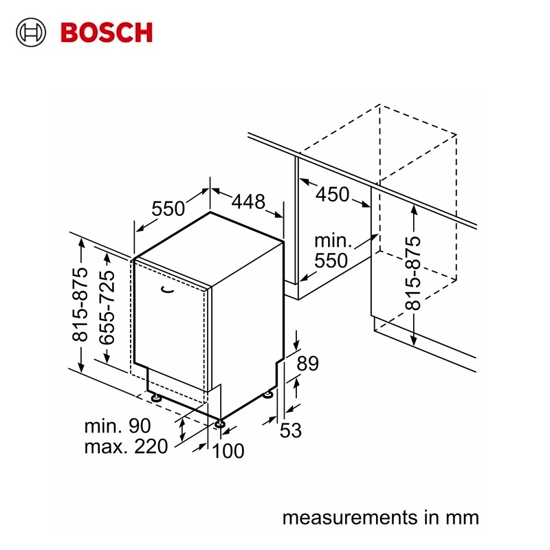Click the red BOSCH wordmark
[x=107, y=32]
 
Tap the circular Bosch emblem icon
[x=31, y=32]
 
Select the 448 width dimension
[x=248, y=201]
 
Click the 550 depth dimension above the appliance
[x=168, y=208]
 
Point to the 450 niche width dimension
[x=333, y=195]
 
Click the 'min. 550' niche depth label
[x=331, y=250]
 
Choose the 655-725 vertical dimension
[x=107, y=307]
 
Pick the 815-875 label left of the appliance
[x=80, y=305]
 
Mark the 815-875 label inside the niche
[x=413, y=273]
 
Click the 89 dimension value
[x=307, y=364]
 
